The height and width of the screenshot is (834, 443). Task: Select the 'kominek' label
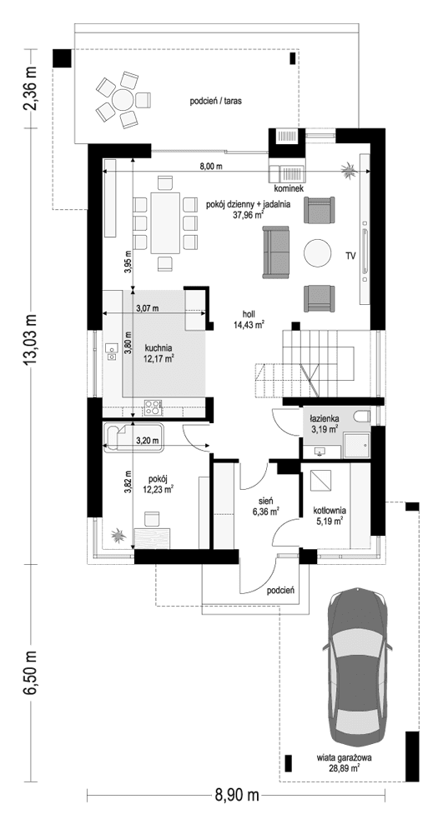pos(287,188)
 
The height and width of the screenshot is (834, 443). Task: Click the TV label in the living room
pos(350,256)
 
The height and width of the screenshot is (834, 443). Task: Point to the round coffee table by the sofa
pos(317,253)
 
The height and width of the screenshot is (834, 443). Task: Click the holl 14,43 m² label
pos(249,318)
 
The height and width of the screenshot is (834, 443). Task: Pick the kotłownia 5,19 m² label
pos(330,517)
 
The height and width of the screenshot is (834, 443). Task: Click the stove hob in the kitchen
pos(154,407)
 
